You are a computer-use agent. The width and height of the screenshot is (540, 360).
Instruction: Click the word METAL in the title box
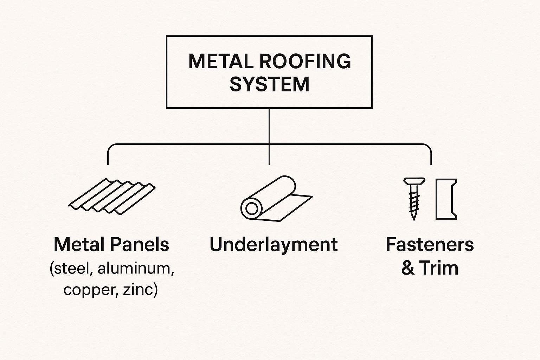pyautogui.click(x=221, y=62)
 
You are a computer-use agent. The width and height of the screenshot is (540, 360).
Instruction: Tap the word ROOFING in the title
pyautogui.click(x=305, y=62)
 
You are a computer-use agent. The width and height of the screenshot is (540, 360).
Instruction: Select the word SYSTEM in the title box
pyautogui.click(x=269, y=84)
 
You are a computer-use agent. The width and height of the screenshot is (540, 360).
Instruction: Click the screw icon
pyautogui.click(x=414, y=198)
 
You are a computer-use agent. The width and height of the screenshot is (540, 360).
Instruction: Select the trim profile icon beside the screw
pyautogui.click(x=446, y=199)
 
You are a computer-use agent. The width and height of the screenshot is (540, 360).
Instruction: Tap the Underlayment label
pyautogui.click(x=274, y=244)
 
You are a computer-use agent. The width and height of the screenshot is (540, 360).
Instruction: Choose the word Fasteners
pyautogui.click(x=430, y=244)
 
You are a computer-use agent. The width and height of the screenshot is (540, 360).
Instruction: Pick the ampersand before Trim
pyautogui.click(x=408, y=268)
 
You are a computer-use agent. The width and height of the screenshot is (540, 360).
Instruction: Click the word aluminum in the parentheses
pyautogui.click(x=136, y=269)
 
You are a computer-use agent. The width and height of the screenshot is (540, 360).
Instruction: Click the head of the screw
pyautogui.click(x=414, y=182)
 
